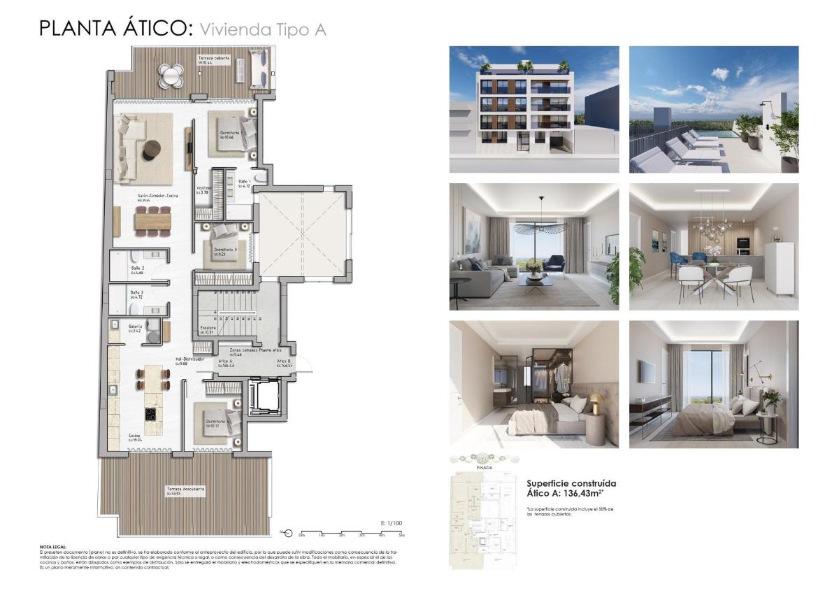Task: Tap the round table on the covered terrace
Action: pyautogui.click(x=170, y=75)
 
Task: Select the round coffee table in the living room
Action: pyautogui.click(x=151, y=150)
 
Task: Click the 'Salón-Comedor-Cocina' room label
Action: pyautogui.click(x=158, y=197)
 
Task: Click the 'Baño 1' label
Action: pyautogui.click(x=244, y=182)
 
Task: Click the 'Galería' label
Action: pyautogui.click(x=136, y=326)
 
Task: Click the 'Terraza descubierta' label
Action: pyautogui.click(x=185, y=489)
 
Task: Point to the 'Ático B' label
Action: pyautogui.click(x=284, y=361)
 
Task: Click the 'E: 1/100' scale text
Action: pyautogui.click(x=392, y=523)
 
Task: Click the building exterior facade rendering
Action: pyautogui.click(x=533, y=109)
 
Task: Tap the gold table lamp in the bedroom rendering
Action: pyautogui.click(x=596, y=403)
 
